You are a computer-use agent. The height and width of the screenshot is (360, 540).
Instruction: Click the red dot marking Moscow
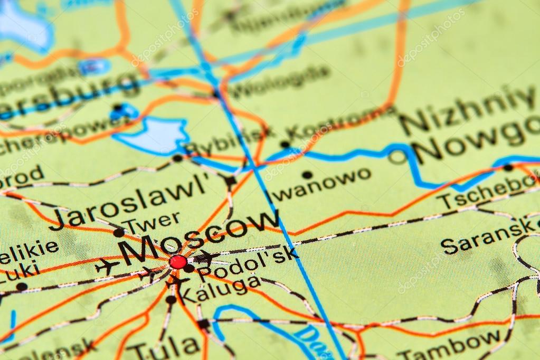tap(178, 261)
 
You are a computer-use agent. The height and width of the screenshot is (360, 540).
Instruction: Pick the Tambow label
tap(449, 343)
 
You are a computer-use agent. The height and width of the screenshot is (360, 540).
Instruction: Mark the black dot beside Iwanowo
tap(307, 175)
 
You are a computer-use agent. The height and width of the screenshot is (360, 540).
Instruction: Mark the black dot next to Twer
tap(119, 232)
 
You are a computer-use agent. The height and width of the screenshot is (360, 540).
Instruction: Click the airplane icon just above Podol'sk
tap(206, 257)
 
